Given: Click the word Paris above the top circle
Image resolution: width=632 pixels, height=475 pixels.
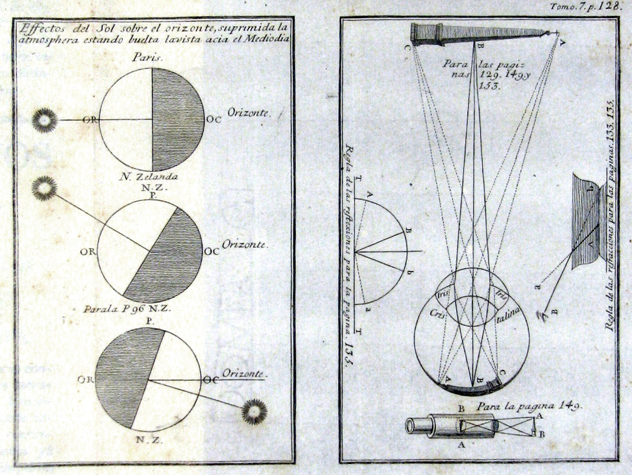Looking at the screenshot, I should coord(147,58).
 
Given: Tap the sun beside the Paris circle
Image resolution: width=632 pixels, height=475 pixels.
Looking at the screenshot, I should coord(45,120).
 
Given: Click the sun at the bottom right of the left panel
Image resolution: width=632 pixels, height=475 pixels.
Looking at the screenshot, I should coord(254,411).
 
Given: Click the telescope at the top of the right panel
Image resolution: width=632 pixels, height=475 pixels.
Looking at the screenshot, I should coord(480,33).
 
